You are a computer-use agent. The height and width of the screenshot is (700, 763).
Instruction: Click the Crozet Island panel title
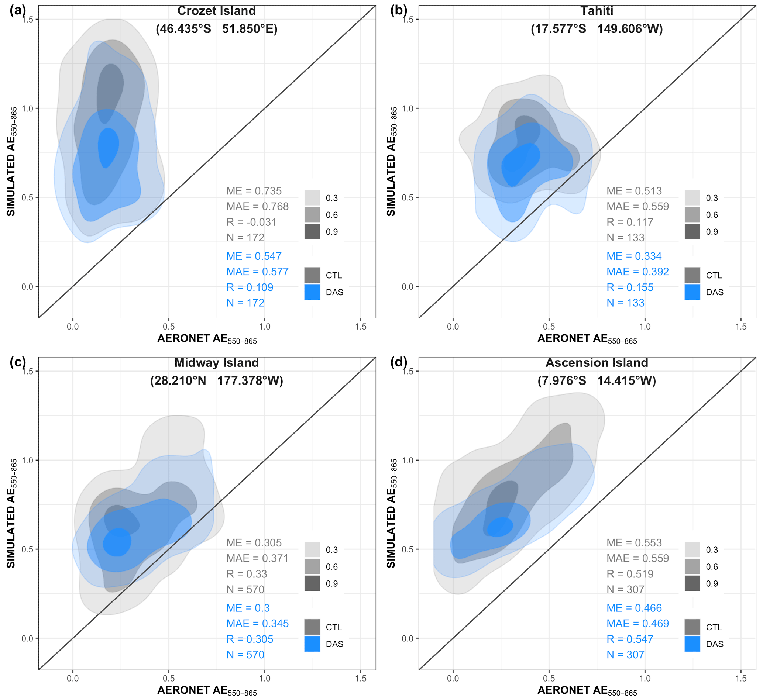(x=216, y=11)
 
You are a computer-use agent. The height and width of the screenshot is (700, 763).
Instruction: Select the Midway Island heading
(x=216, y=362)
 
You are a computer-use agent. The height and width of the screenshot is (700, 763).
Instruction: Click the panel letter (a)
(x=18, y=10)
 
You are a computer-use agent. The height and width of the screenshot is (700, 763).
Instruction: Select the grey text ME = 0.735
(x=254, y=191)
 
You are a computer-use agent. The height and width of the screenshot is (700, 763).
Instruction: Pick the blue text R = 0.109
(x=250, y=287)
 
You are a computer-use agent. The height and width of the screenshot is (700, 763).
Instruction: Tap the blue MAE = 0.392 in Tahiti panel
(x=637, y=272)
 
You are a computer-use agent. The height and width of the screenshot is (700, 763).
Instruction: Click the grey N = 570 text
(x=245, y=589)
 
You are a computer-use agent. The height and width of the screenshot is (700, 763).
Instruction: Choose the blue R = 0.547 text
(x=630, y=639)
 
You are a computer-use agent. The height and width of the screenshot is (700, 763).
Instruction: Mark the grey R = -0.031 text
(x=251, y=222)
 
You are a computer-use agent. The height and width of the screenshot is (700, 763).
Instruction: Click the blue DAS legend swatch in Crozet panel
(x=312, y=292)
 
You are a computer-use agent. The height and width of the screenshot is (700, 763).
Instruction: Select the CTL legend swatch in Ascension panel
(x=692, y=627)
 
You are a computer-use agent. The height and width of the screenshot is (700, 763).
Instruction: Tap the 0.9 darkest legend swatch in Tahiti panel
(x=692, y=231)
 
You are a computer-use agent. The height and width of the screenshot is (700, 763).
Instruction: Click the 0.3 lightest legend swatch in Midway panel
(x=312, y=549)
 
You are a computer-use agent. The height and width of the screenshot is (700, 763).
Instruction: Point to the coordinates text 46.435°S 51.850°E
(x=216, y=29)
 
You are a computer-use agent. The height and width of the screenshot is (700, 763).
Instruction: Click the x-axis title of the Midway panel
(x=207, y=690)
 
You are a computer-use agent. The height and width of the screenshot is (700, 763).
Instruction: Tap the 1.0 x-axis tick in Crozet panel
(x=264, y=327)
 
